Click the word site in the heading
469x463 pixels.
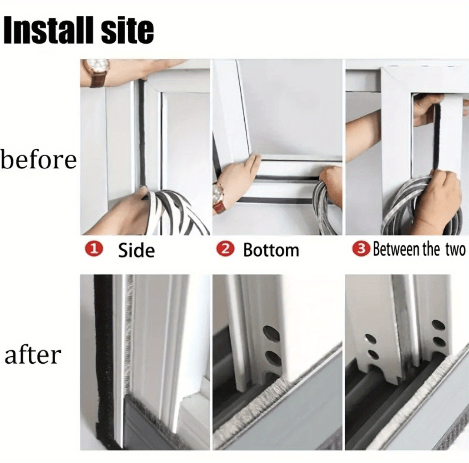pos(127,31)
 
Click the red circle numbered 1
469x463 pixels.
pos(94,249)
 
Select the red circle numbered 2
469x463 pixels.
pos(226,249)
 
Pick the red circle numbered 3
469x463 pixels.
pos(362,249)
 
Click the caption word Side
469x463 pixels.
pos(136,250)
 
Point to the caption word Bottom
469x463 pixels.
pos(271,250)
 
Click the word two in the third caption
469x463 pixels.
pos(456,250)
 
